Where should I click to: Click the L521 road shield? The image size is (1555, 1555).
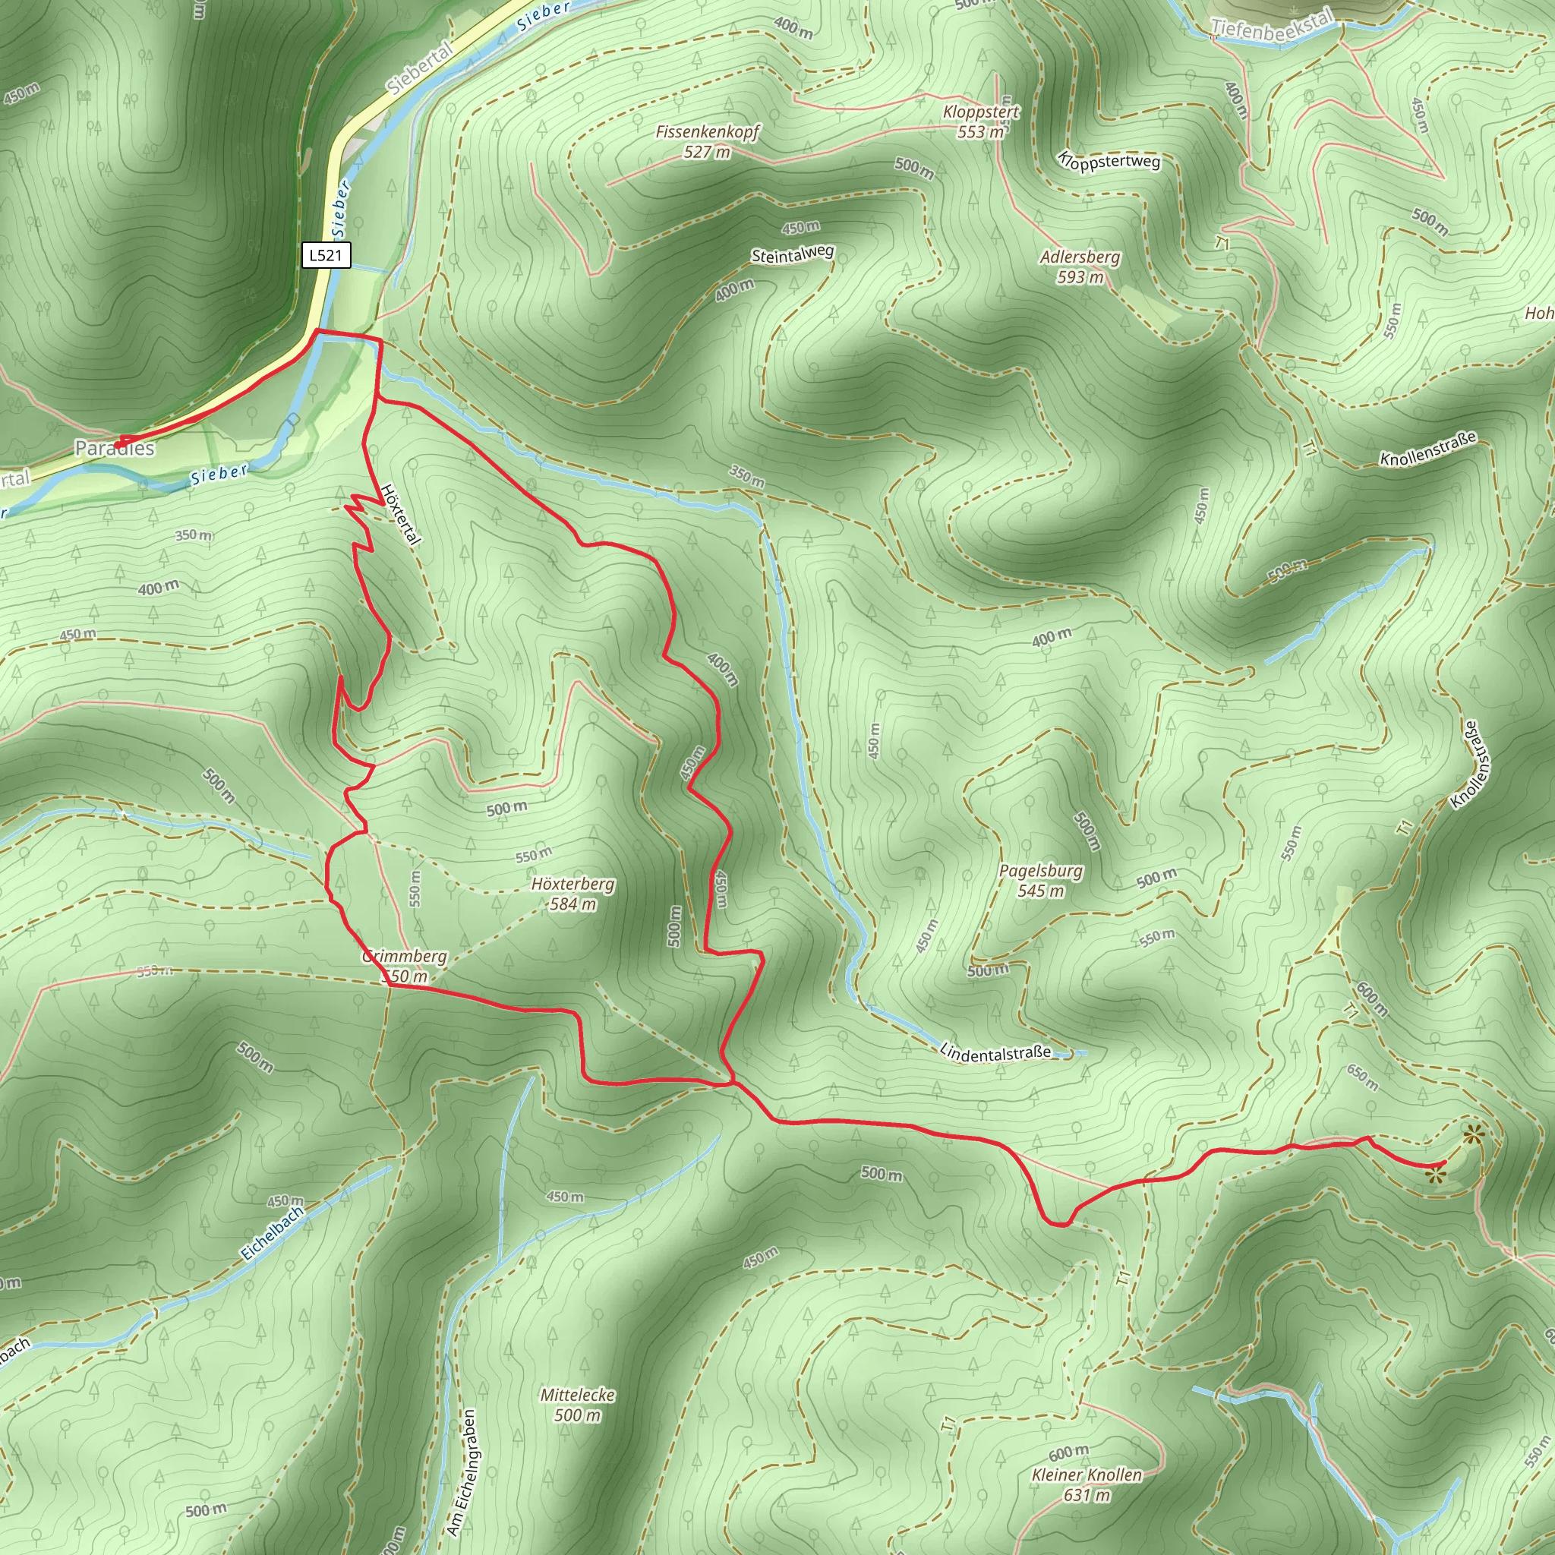(326, 256)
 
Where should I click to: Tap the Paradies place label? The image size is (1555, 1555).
(115, 448)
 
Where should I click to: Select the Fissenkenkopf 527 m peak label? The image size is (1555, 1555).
(707, 142)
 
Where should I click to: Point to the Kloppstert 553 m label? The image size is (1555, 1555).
(981, 121)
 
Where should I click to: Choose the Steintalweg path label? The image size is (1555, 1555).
(792, 254)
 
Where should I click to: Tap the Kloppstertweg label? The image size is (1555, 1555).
(1110, 161)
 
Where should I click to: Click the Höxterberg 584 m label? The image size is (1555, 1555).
(572, 894)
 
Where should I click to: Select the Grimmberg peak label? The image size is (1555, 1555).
(405, 966)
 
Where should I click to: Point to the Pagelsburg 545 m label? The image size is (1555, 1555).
(1041, 881)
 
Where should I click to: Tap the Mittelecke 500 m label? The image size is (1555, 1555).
(577, 1405)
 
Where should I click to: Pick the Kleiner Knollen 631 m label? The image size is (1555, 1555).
(1087, 1485)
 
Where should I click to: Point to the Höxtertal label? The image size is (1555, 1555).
(400, 515)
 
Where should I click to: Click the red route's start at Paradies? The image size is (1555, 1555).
(118, 444)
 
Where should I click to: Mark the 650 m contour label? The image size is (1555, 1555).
(1363, 1077)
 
